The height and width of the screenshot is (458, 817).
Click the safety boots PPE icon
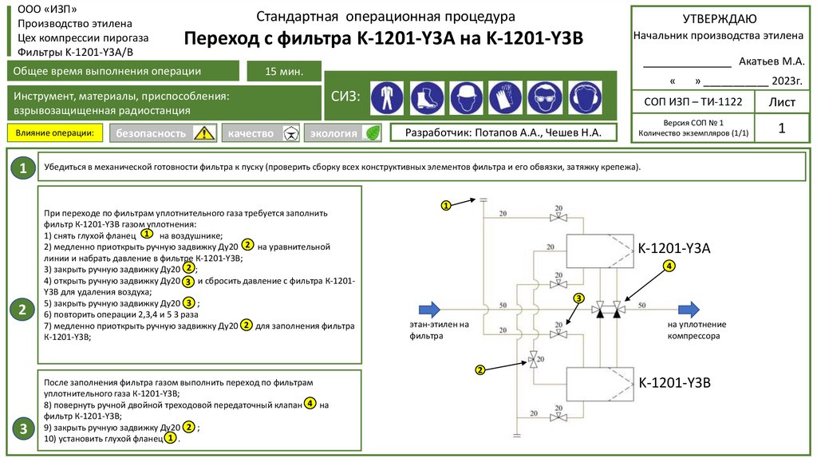[427, 97]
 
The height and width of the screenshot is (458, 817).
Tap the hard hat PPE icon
[466, 97]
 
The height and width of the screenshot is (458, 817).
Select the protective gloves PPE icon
[505, 97]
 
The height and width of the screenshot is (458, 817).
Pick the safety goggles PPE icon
[545, 97]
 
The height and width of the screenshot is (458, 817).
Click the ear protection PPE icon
[585, 97]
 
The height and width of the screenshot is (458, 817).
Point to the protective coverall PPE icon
[387, 97]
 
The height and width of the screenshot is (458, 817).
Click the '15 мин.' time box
[284, 71]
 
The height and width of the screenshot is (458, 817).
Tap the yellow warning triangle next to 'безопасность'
[204, 133]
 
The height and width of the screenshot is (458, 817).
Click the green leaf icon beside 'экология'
[373, 133]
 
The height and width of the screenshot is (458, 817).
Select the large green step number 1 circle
[23, 168]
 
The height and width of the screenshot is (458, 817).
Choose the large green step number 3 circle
[23, 428]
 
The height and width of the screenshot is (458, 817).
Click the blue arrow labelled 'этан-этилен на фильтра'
[430, 310]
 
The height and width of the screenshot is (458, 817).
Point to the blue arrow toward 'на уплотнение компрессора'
[689, 310]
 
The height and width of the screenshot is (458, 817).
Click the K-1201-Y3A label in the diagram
[674, 248]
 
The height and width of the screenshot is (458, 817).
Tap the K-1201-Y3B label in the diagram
[675, 383]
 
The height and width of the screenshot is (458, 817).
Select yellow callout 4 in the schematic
[669, 266]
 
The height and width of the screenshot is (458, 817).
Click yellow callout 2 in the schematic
[480, 370]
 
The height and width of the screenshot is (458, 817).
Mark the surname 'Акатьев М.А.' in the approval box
[772, 61]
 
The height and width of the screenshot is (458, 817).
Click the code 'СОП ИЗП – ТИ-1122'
[693, 101]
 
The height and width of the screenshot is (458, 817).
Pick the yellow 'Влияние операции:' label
[55, 133]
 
